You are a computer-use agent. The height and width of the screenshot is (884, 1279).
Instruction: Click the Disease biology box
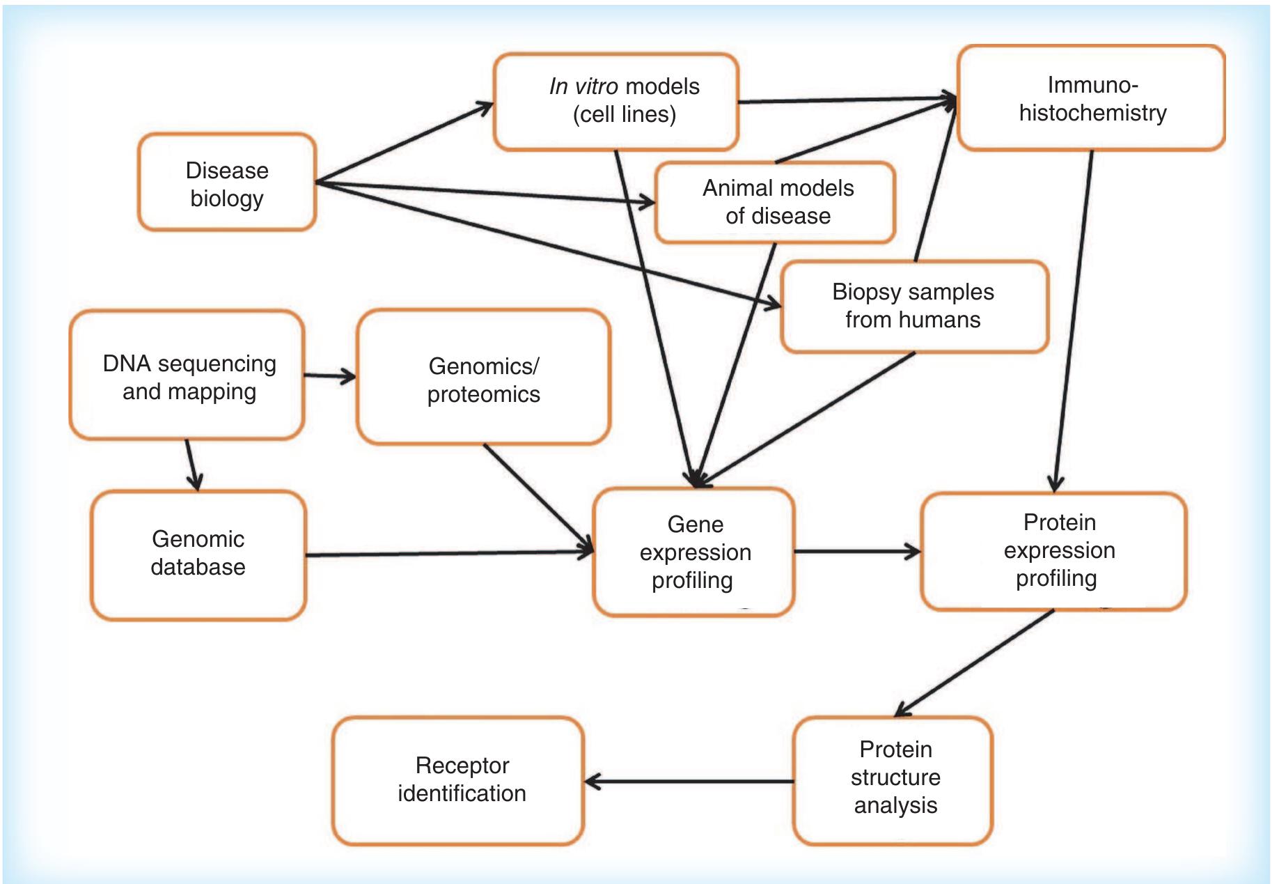(x=227, y=183)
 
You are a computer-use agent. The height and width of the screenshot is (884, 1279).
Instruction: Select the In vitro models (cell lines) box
(x=615, y=101)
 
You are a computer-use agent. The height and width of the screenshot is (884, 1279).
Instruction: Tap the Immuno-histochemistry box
(x=1091, y=98)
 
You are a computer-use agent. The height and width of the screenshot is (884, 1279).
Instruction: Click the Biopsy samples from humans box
(x=913, y=306)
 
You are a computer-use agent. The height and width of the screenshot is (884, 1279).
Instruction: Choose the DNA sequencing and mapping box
(x=187, y=376)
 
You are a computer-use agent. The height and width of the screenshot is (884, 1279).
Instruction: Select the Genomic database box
(x=198, y=554)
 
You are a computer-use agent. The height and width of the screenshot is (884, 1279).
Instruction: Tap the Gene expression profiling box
(x=693, y=552)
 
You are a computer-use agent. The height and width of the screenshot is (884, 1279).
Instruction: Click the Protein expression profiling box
(x=1053, y=550)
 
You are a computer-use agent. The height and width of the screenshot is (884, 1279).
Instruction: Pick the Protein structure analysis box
(x=893, y=778)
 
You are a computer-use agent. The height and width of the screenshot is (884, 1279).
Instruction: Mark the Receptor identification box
(x=459, y=780)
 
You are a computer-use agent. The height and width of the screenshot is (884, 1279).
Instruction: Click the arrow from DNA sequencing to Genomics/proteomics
(x=330, y=377)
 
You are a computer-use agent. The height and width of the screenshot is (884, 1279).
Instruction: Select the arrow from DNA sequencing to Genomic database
(x=191, y=465)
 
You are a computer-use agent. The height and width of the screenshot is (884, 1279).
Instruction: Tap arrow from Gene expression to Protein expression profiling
(x=856, y=552)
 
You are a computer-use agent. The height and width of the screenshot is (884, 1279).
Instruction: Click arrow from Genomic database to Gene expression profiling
(x=449, y=554)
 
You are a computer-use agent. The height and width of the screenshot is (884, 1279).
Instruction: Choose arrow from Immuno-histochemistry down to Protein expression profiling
(x=1073, y=320)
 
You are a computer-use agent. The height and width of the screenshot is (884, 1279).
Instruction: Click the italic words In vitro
(x=583, y=86)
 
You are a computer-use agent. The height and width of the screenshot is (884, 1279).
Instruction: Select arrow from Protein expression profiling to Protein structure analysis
(x=974, y=663)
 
